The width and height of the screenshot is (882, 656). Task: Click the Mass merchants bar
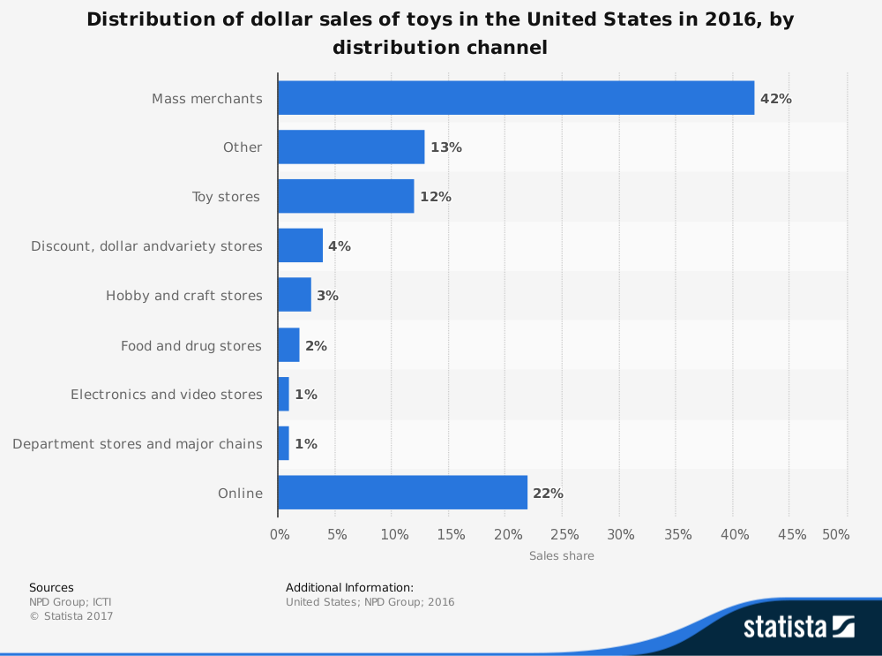point(516,98)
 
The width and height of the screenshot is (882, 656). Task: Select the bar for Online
point(402,493)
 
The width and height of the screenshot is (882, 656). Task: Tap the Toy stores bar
point(346,196)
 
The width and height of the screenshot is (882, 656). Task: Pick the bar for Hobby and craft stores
point(295,295)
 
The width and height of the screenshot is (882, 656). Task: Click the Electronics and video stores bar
point(283,394)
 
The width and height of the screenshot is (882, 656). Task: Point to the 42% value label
point(776,99)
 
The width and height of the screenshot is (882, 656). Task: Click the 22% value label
point(548,494)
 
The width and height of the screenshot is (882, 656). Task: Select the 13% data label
point(446,147)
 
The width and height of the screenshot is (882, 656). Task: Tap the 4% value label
point(340,246)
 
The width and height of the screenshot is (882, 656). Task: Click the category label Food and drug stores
point(191,345)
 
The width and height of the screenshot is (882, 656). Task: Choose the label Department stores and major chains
point(138,443)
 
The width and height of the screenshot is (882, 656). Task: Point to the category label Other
point(243,147)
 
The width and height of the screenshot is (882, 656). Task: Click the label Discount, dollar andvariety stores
point(146,246)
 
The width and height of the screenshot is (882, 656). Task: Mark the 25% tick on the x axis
point(564,534)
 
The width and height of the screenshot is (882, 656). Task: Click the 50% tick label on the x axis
point(835,534)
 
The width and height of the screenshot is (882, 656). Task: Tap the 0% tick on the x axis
point(279,534)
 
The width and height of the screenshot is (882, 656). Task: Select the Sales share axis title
point(562,556)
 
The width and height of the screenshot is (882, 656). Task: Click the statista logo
point(798,627)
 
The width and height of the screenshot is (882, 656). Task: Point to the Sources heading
point(51,587)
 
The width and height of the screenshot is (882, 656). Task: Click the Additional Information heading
point(349,587)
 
